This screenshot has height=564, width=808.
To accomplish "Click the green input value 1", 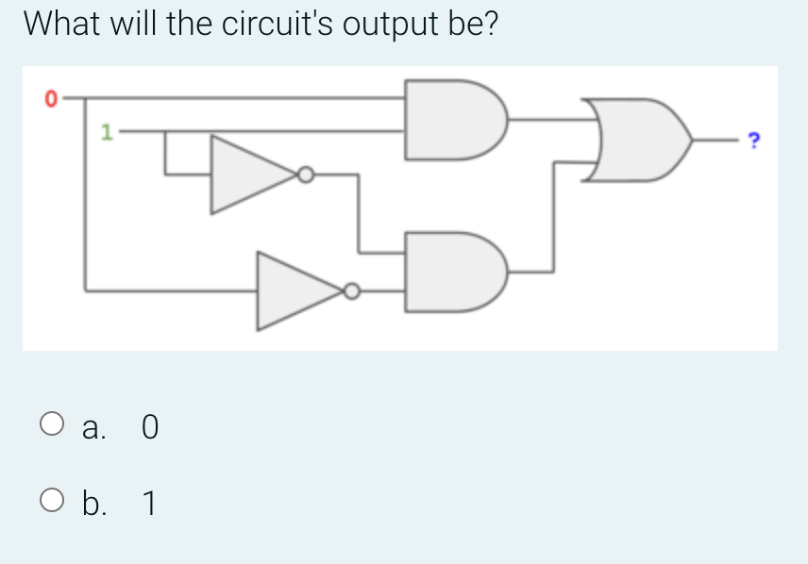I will tap(108, 133).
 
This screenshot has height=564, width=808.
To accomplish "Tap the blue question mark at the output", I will tap(752, 141).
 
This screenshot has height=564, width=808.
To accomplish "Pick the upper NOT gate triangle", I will tap(247, 174).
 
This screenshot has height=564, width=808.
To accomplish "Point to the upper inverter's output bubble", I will tap(305, 174).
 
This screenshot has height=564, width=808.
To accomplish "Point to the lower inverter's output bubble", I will tap(352, 291).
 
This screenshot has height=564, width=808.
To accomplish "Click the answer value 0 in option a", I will tap(149, 428).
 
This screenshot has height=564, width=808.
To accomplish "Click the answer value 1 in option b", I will tap(148, 505).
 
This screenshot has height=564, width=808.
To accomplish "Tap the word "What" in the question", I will tap(63, 25).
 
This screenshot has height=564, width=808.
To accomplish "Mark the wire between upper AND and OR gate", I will tap(547, 120).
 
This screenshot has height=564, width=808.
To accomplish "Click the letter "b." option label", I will tap(96, 505).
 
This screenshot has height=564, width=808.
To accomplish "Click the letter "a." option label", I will tap(95, 428).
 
